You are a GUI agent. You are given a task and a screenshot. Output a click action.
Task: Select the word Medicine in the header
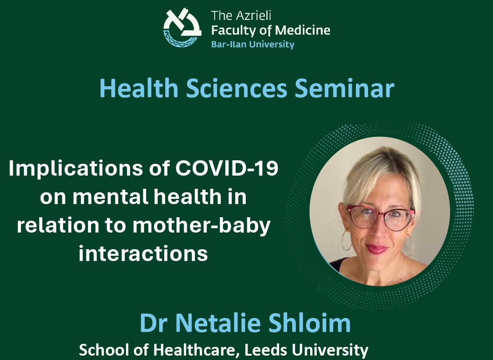click(302, 30)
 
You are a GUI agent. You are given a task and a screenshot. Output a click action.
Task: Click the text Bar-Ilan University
click(253, 44)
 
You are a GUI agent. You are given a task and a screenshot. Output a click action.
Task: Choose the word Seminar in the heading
click(344, 88)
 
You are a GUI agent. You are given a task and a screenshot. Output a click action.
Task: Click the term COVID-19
click(227, 168)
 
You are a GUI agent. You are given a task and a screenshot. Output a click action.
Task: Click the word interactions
click(143, 253)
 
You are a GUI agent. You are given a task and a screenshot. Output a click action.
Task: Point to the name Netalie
click(218, 323)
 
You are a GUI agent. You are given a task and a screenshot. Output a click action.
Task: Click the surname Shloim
click(310, 323)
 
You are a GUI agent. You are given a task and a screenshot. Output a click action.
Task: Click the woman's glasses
click(380, 217)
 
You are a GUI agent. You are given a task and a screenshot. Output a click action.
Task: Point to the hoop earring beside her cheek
click(347, 240)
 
